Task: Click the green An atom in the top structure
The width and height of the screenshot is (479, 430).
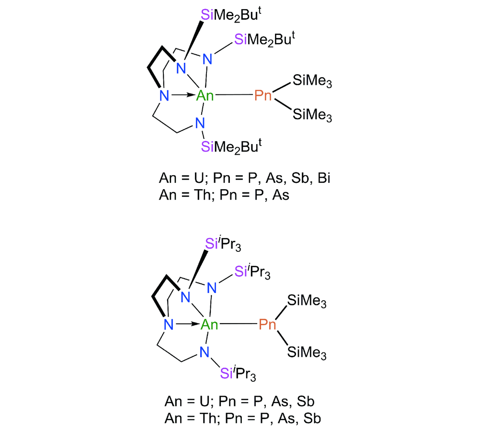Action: [205, 96]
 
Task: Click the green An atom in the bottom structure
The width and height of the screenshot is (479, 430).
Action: [209, 324]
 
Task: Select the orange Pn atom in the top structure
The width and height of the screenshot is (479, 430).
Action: [263, 95]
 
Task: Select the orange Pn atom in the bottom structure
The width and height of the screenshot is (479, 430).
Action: [267, 324]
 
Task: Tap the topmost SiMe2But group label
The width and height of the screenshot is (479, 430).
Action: [231, 15]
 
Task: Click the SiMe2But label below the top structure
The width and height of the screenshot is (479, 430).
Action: [231, 147]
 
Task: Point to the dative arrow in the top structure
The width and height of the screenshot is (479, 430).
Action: [182, 95]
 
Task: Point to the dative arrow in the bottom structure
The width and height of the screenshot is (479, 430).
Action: [187, 324]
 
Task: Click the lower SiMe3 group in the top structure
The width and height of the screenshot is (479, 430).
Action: [312, 115]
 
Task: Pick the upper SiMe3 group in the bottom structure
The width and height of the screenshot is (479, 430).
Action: [307, 301]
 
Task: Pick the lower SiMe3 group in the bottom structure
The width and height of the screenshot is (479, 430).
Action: [307, 352]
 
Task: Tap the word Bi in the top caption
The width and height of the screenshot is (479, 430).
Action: [324, 178]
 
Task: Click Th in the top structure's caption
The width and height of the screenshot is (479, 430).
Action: [202, 195]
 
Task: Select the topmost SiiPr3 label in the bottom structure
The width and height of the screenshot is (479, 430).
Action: [223, 244]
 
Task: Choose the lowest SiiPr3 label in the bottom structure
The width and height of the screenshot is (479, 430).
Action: [238, 373]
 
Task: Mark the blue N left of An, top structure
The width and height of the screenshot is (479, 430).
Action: [164, 96]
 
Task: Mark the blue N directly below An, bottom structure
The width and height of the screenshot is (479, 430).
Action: [205, 352]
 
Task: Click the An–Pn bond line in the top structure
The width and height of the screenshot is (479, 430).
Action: [234, 95]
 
